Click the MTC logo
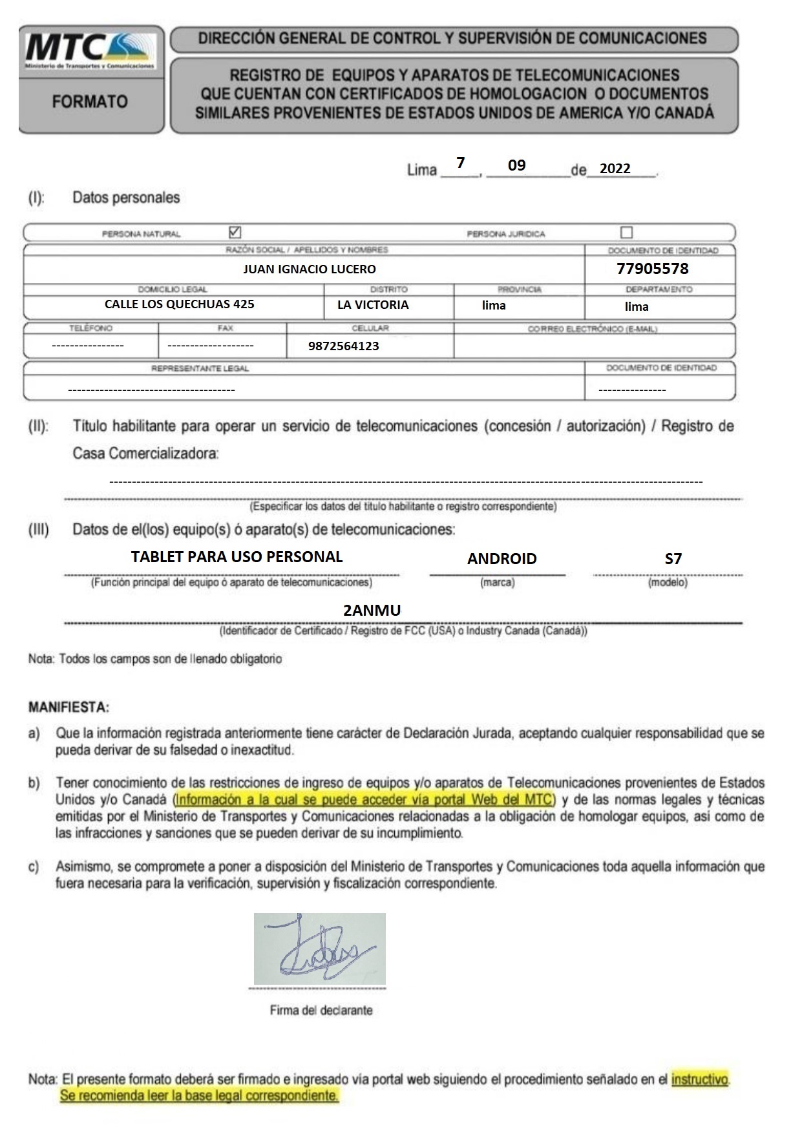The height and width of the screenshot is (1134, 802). [90, 51]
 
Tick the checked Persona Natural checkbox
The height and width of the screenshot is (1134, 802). [235, 232]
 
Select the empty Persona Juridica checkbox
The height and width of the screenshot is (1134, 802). [626, 232]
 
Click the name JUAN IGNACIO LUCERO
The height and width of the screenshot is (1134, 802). [309, 269]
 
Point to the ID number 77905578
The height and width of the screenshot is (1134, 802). [652, 268]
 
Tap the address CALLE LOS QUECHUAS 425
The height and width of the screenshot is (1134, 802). [179, 304]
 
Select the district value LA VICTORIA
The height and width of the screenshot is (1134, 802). [373, 304]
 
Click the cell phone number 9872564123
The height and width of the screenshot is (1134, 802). [343, 346]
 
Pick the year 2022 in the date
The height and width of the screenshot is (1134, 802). [615, 169]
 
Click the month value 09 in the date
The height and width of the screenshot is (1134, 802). [516, 165]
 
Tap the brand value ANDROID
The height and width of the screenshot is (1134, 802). [501, 558]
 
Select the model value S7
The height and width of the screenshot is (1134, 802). [673, 558]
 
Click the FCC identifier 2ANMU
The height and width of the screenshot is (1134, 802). [372, 610]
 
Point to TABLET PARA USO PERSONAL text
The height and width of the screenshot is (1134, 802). [237, 556]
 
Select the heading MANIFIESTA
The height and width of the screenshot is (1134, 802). [69, 707]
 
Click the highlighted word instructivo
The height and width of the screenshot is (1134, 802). [700, 1079]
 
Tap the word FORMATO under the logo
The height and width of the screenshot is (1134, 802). [90, 101]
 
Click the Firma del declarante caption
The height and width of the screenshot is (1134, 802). [321, 1010]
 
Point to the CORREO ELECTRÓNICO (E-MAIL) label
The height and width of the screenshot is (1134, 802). [592, 329]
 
